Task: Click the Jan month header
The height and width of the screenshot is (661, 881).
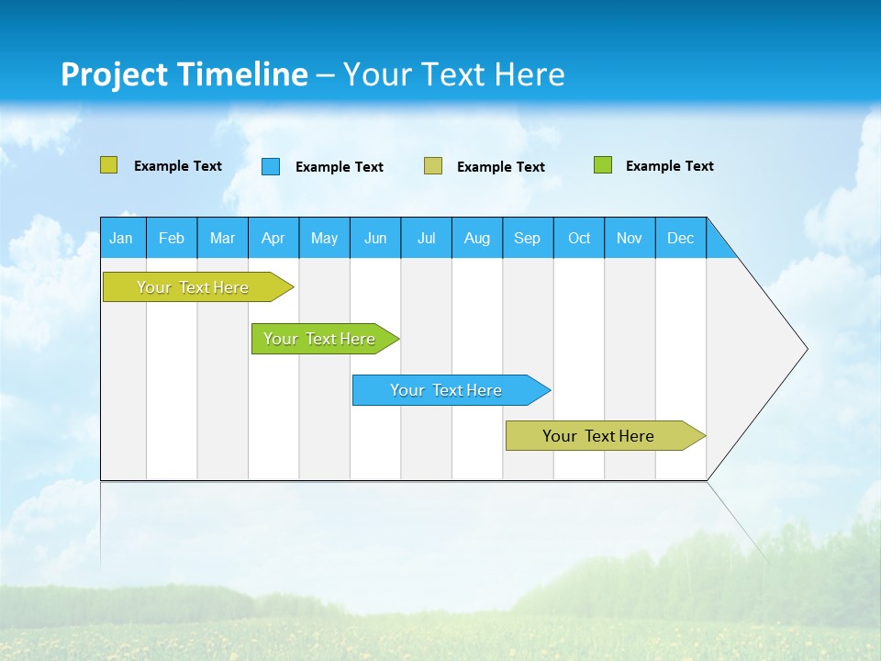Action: point(122,238)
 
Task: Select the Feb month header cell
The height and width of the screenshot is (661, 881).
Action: point(172,238)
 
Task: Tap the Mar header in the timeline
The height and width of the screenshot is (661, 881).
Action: point(222,238)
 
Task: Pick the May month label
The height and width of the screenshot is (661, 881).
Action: point(324,238)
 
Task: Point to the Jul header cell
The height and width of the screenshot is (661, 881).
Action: point(426,238)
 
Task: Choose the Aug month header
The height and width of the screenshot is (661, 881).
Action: point(477,238)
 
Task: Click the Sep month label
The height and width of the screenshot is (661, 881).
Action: point(528,238)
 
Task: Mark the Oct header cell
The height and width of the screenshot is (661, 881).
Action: point(579,238)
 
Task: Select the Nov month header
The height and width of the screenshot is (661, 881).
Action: point(630,238)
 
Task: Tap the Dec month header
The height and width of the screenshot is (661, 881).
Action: point(681,238)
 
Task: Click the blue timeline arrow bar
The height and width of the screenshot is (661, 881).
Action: point(450,390)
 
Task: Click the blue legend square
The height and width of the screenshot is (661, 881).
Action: point(271,166)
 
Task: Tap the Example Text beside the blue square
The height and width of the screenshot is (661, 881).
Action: point(340,167)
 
